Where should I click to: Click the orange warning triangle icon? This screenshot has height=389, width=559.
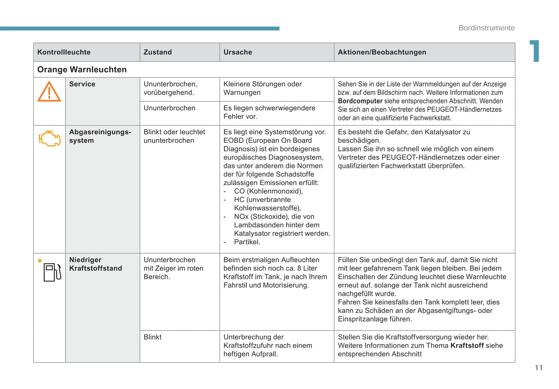(x=49, y=92)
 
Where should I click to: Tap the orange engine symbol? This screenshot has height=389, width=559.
(x=50, y=138)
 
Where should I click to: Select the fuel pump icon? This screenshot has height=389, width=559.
(x=52, y=272)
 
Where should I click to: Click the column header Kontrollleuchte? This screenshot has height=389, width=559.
(x=64, y=52)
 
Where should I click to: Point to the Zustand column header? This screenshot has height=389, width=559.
(x=158, y=52)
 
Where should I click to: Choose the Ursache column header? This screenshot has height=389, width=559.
(x=238, y=52)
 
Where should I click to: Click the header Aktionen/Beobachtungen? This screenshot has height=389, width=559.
(x=382, y=52)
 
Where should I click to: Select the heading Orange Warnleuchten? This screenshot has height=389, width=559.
(x=82, y=70)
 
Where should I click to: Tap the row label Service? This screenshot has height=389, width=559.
(x=82, y=84)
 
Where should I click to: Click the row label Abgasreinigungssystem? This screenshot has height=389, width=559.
(x=100, y=136)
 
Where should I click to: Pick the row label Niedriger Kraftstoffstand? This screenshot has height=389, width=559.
(x=96, y=264)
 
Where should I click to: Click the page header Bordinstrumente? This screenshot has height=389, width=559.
(x=486, y=28)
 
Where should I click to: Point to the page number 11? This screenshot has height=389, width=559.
(x=539, y=368)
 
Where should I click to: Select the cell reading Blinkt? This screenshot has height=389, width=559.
(x=152, y=337)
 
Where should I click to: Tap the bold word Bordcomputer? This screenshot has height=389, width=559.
(x=360, y=101)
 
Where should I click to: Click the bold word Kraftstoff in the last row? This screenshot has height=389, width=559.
(x=467, y=346)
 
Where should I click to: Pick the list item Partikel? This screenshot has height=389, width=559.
(x=247, y=242)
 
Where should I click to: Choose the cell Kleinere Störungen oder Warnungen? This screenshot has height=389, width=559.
(x=262, y=88)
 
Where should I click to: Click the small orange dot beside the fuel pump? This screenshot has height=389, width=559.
(x=39, y=261)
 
